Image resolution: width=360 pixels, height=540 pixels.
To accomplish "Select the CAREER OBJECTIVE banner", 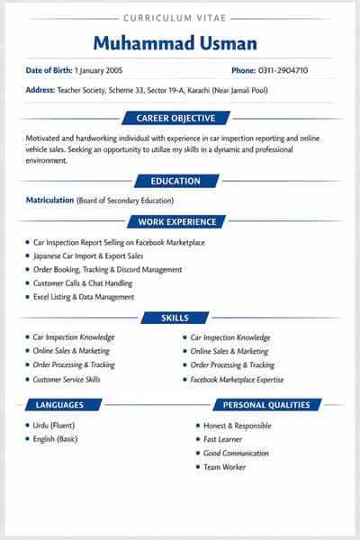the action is point(175,118).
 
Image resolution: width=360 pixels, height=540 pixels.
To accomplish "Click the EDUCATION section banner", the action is point(175,181).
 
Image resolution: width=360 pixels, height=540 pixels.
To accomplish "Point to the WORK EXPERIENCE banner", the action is point(177,221).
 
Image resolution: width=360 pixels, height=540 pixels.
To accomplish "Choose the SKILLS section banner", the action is point(175,318).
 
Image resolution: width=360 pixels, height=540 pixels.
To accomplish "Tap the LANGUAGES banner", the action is point(61,405).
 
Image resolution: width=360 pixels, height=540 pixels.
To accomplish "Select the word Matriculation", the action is point(49,200).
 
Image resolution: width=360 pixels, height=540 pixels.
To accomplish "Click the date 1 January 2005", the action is point(98,70).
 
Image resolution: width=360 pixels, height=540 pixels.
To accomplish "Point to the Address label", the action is point(40,90).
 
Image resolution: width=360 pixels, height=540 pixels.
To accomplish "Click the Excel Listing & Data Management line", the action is point(84,297).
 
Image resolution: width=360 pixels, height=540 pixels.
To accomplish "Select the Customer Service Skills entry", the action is point(67,380).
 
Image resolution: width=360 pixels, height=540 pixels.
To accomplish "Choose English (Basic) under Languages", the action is point(56,439).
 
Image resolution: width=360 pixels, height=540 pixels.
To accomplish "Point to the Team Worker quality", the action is point(225,467).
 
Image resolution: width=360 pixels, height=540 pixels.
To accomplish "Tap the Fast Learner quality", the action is point(225,439).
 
